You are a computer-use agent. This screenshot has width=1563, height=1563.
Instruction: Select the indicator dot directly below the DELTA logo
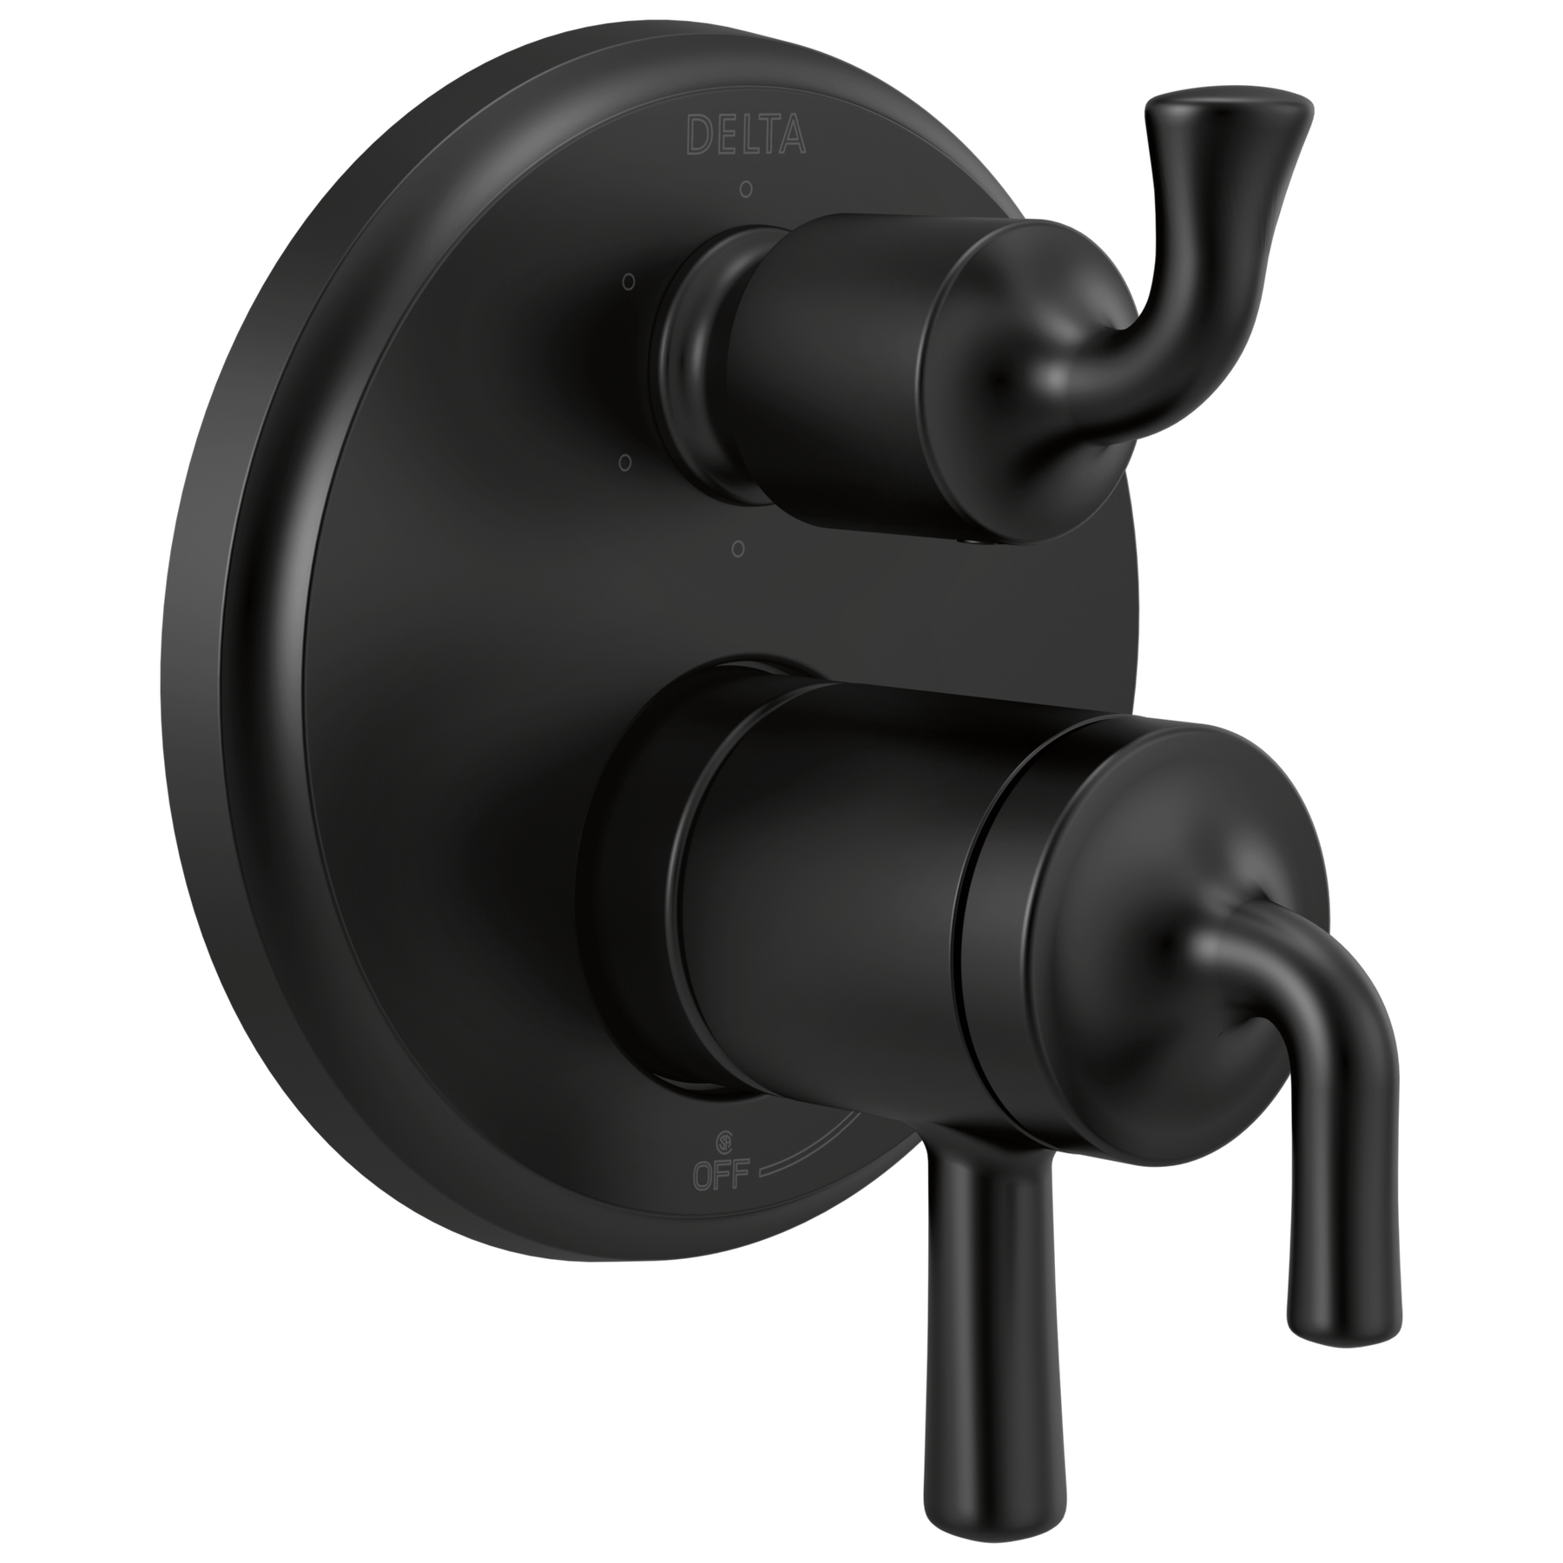coord(745,188)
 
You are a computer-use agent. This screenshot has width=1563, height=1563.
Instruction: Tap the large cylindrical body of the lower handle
coord(825,868)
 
